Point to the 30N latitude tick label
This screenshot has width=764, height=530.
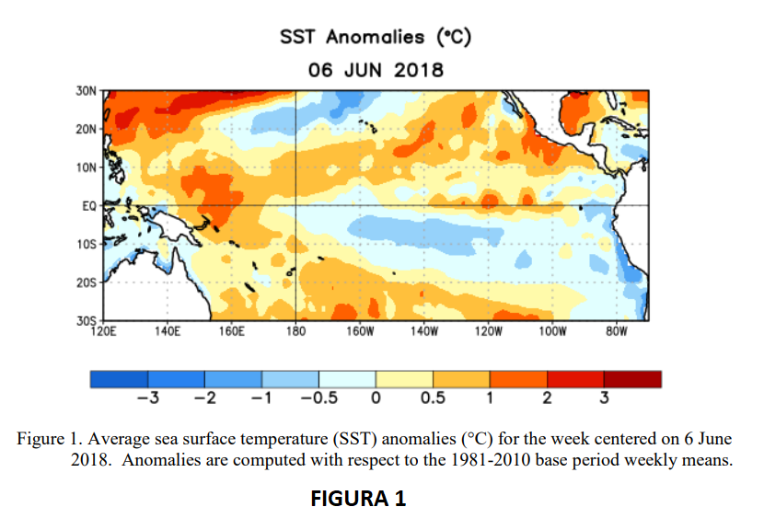pyautogui.click(x=88, y=90)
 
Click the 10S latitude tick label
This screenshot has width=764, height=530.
pyautogui.click(x=88, y=245)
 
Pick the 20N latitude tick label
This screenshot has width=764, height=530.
pyautogui.click(x=88, y=129)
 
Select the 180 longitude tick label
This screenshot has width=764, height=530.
pyautogui.click(x=295, y=332)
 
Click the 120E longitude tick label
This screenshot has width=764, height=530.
pyautogui.click(x=106, y=332)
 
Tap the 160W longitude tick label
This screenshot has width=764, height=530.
pyautogui.click(x=359, y=332)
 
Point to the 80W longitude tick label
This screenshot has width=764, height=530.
pyautogui.click(x=615, y=332)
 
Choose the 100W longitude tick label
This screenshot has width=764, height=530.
pyautogui.click(x=551, y=332)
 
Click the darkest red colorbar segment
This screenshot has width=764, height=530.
pyautogui.click(x=632, y=378)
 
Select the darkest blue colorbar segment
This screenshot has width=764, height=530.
pyautogui.click(x=120, y=378)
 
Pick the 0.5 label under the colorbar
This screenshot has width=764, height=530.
pyautogui.click(x=432, y=398)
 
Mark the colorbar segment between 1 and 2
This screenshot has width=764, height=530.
pyautogui.click(x=518, y=378)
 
